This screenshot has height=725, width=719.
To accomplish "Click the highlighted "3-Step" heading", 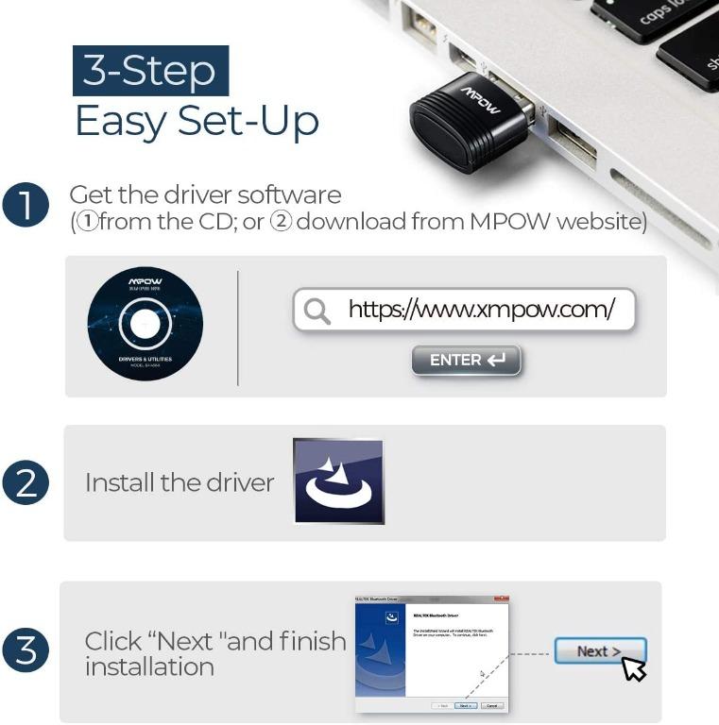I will click(x=150, y=71).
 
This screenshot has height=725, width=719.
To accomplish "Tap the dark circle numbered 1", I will click(x=26, y=207).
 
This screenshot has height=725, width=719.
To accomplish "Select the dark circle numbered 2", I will click(x=26, y=483).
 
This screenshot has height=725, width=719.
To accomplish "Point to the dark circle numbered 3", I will click(x=26, y=652).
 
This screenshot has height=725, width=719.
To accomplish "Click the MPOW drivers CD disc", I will click(x=145, y=325).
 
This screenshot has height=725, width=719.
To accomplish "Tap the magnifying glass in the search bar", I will click(x=317, y=311).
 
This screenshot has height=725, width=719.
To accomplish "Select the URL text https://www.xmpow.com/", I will click(x=481, y=309).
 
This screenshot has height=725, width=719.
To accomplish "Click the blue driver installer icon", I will click(x=337, y=481).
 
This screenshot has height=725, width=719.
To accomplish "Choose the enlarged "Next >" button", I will click(x=598, y=651).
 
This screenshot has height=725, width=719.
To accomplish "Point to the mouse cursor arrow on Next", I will click(x=633, y=668).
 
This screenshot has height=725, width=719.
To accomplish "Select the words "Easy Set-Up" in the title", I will click(x=197, y=122).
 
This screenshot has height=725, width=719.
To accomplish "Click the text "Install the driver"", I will click(x=180, y=482).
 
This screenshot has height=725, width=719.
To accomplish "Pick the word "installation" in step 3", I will click(x=149, y=666).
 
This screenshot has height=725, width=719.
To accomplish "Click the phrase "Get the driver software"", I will click(x=205, y=195).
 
